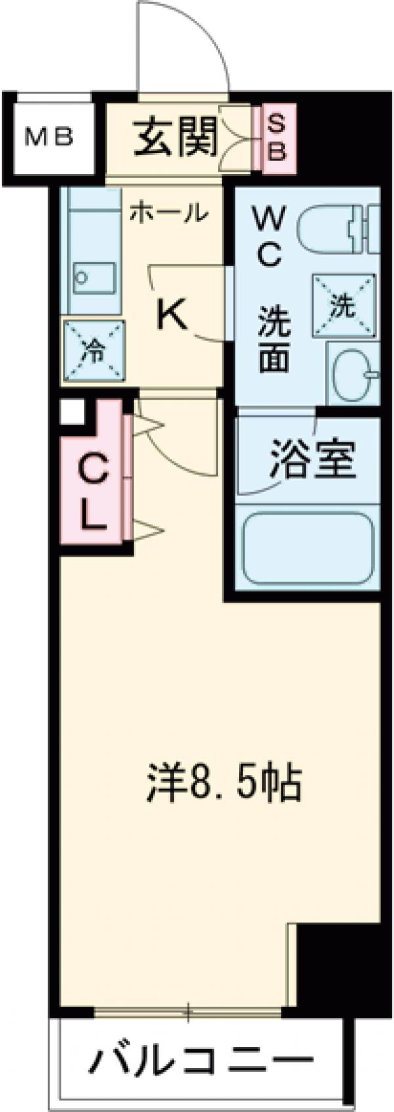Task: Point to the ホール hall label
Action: [x=169, y=212]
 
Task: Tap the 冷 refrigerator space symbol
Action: [x=93, y=350]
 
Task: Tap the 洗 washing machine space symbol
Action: [x=341, y=304]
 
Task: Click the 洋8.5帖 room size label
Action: [x=223, y=783]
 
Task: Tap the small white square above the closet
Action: [x=71, y=412]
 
